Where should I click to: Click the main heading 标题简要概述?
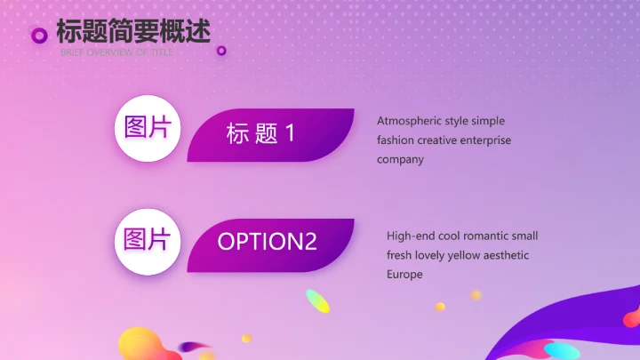point(133,31)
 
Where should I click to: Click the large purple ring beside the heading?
point(39,36)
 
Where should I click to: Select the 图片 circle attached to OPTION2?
point(148,239)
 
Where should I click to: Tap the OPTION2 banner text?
point(267,242)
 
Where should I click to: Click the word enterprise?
point(485,140)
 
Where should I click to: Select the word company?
point(400,160)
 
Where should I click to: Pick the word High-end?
point(410,236)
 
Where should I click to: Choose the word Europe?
point(404,275)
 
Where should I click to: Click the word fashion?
point(396,140)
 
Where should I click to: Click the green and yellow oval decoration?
point(317,301)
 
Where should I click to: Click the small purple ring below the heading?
point(221,51)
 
